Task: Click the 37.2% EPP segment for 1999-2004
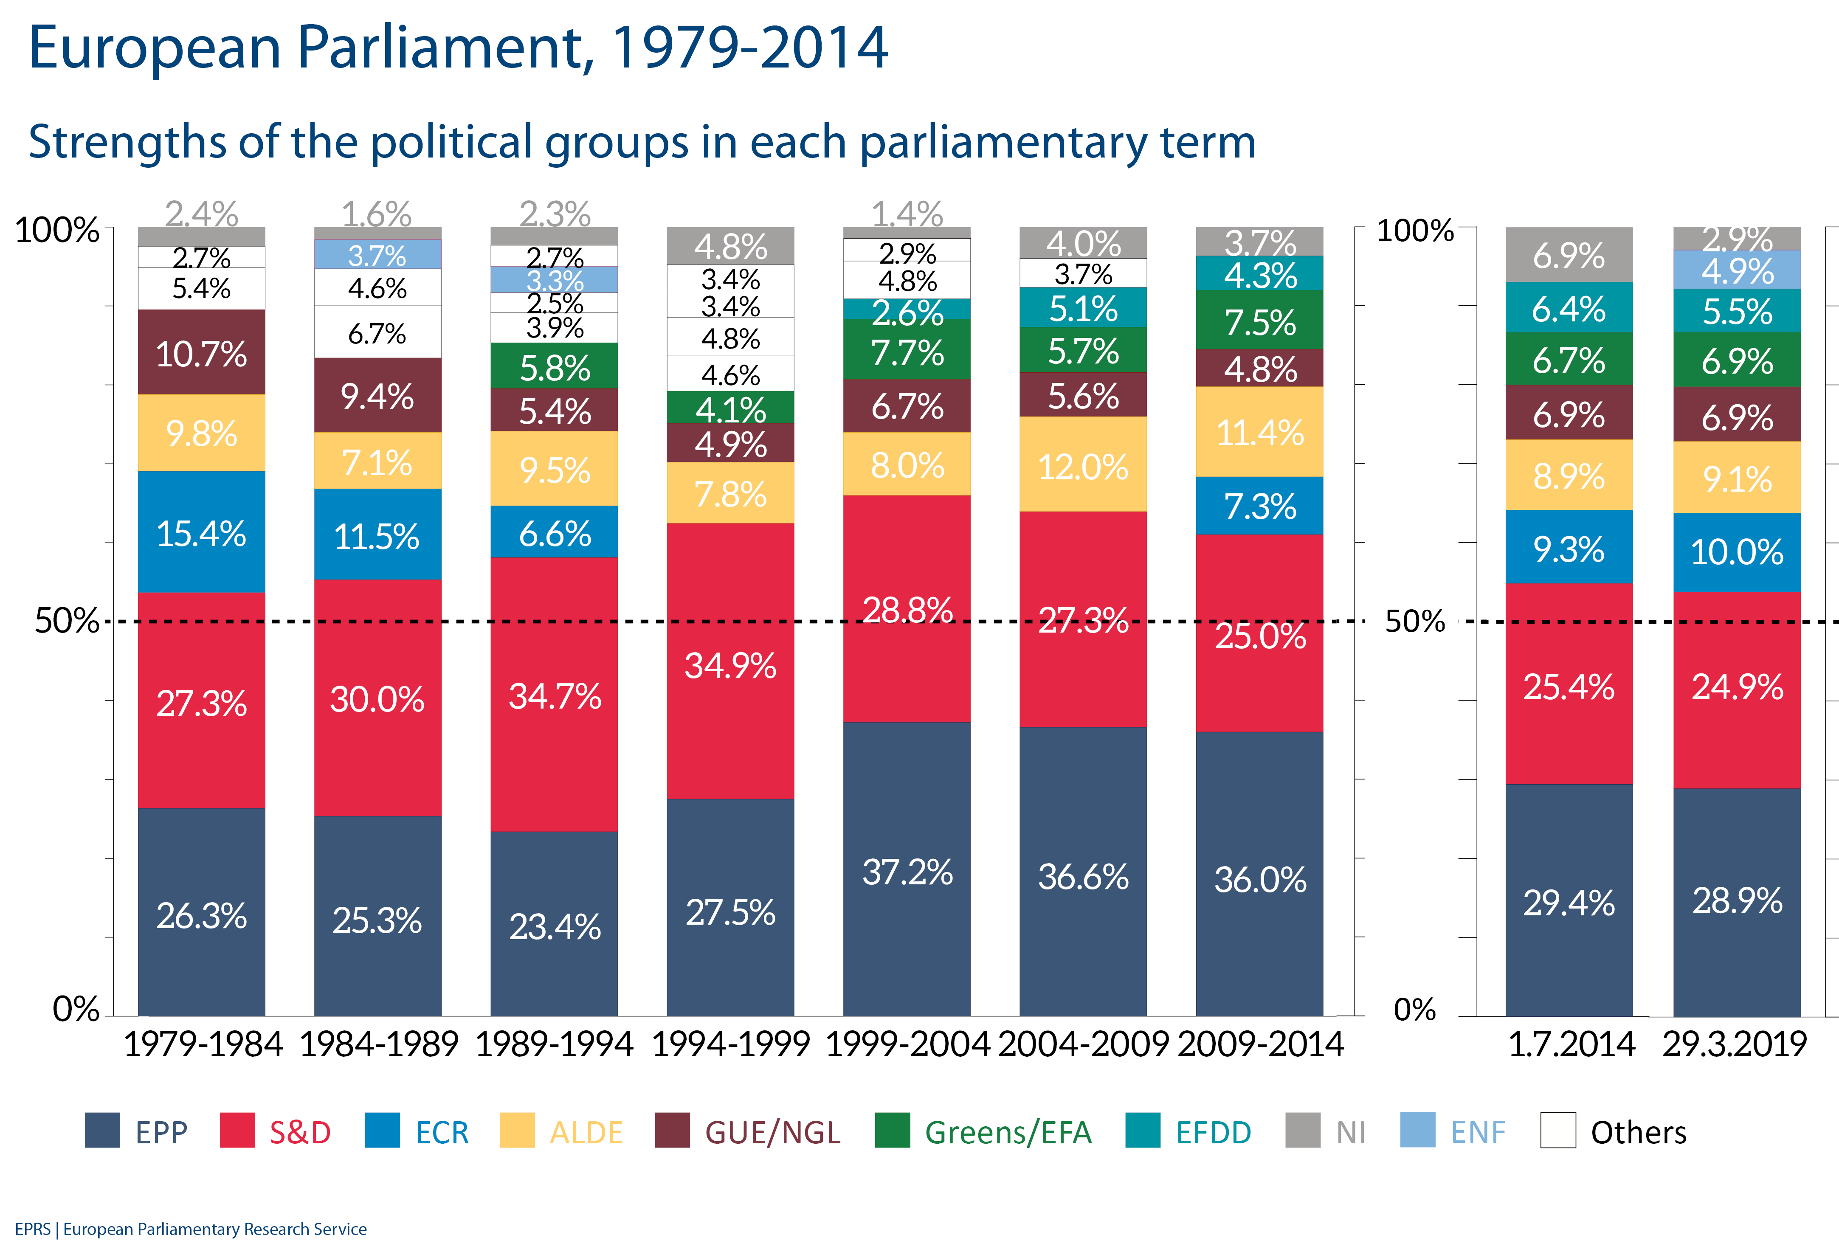907,871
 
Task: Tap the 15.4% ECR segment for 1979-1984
201,533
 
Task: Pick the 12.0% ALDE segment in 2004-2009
1082,465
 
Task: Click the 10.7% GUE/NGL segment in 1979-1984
201,353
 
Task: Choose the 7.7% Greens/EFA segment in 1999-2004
907,351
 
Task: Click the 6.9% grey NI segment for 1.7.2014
1569,255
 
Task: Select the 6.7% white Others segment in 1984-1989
377,332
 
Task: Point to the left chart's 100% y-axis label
57,230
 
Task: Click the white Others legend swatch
1557,1130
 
